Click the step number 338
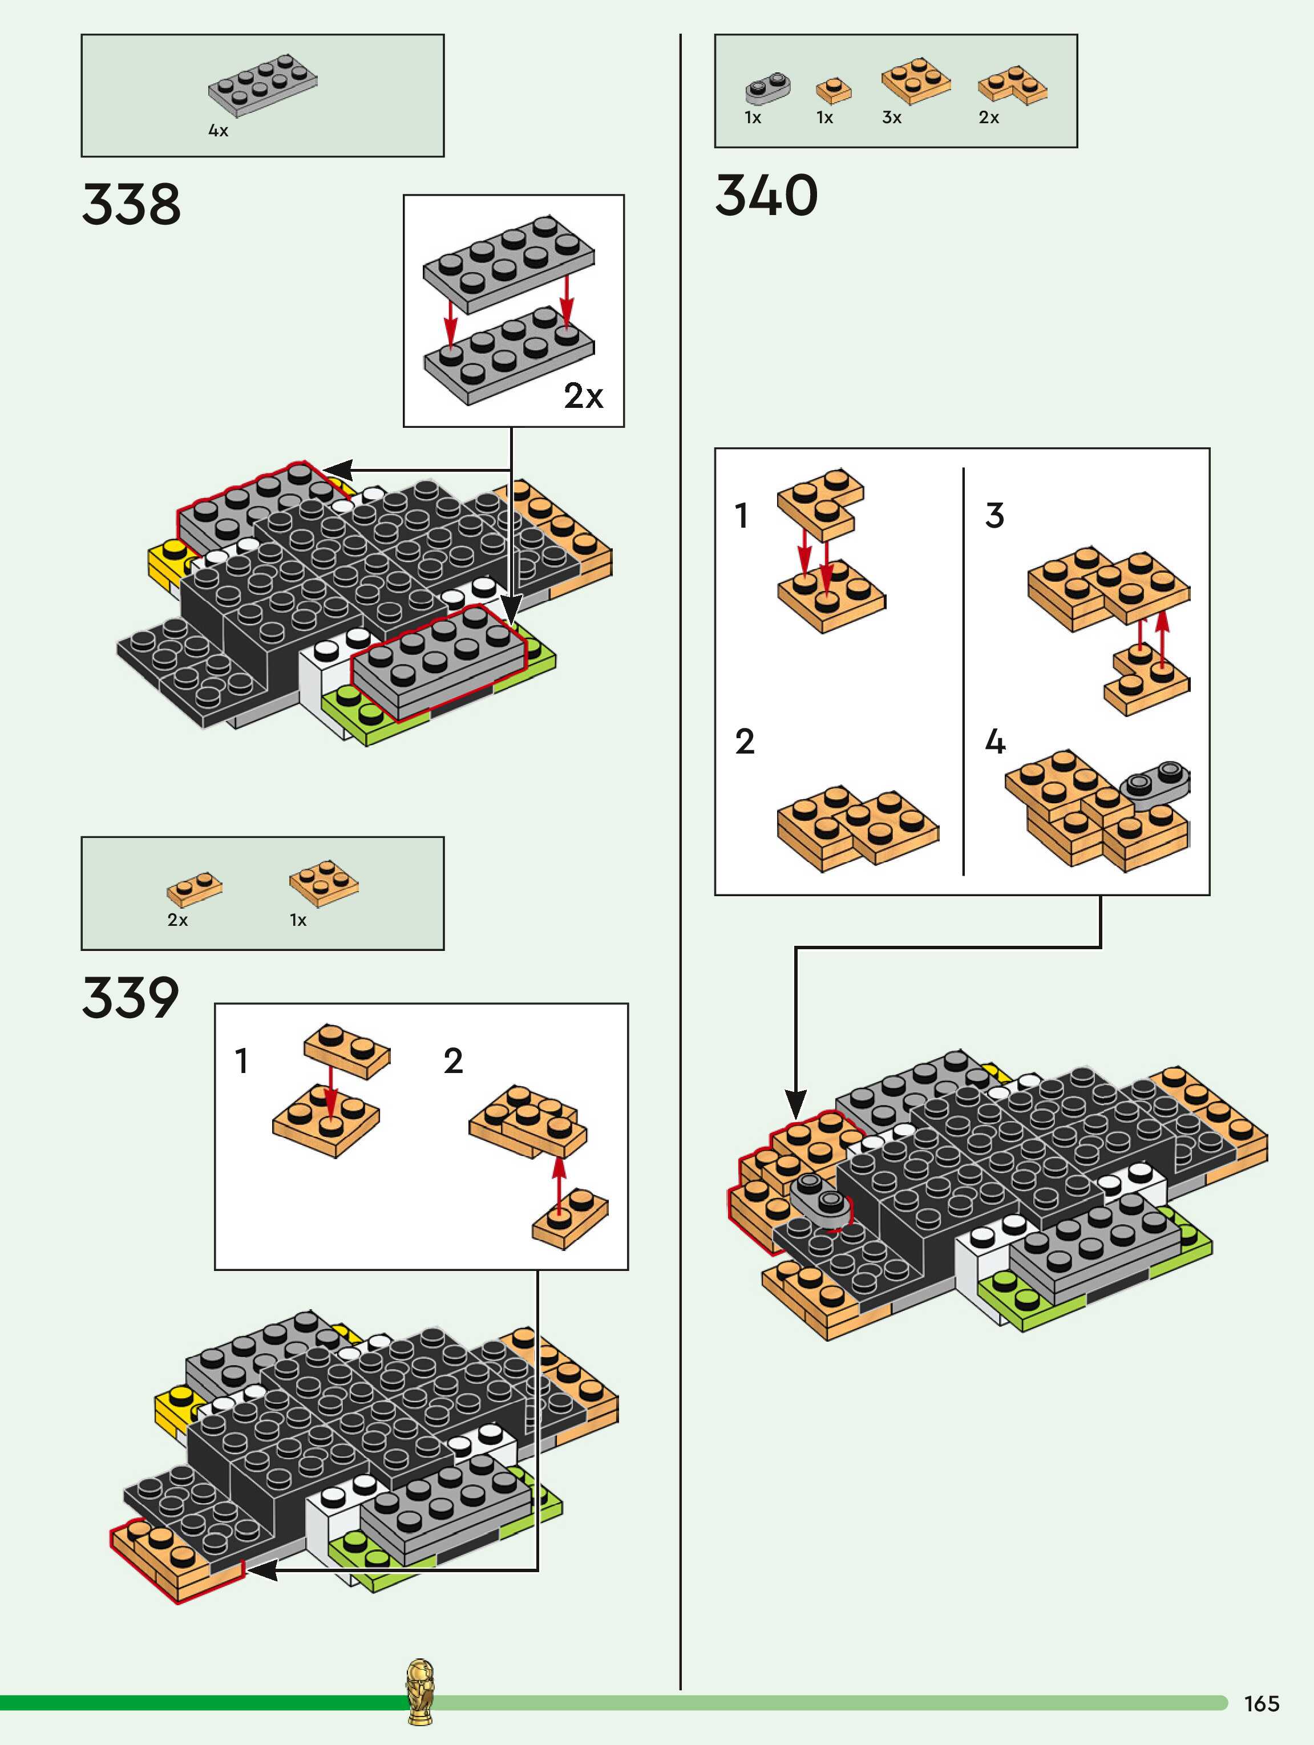pos(131,204)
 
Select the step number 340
pos(766,195)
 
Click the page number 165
pos(1261,1703)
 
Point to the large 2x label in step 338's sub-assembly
pos(583,395)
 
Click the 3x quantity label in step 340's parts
pos(892,118)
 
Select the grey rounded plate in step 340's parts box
pos(767,88)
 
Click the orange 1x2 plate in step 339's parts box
pos(194,888)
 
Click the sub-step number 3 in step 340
pos(994,515)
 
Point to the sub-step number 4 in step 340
pos(995,742)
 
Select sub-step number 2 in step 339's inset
pos(453,1060)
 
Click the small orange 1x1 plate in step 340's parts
pos(834,90)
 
